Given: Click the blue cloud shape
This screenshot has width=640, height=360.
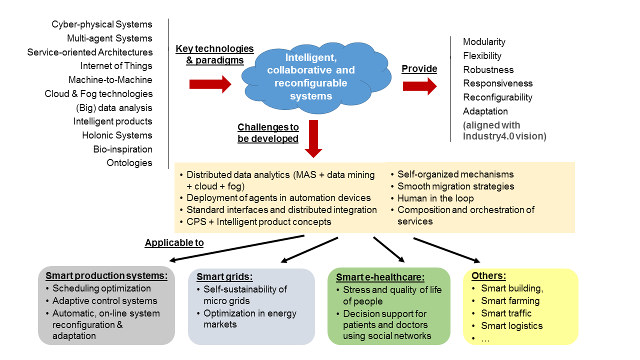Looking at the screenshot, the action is [316, 77].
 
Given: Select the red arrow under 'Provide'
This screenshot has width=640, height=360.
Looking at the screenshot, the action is [419, 86].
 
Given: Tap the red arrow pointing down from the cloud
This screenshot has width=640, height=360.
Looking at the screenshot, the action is [313, 139].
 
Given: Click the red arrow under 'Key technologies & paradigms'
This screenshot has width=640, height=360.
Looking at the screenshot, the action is [210, 84].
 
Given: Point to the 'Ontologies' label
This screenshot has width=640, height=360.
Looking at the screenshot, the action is [129, 163].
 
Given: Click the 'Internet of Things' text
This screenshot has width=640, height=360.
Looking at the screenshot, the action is [116, 66].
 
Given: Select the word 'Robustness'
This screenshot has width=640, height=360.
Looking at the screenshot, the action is [488, 69].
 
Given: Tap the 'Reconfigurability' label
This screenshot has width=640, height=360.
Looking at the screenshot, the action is [497, 97].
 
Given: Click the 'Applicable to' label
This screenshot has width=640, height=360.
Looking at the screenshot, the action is [174, 242].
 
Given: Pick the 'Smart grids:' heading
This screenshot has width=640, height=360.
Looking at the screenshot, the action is [224, 276].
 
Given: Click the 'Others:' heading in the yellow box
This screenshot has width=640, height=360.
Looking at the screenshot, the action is [488, 275].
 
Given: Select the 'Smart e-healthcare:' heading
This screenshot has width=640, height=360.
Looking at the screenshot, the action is [380, 277].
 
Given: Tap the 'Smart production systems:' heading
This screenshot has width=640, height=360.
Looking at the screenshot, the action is [106, 275].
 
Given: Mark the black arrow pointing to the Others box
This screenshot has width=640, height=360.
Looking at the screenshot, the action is [447, 250].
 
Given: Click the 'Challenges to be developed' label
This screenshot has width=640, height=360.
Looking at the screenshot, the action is [268, 133].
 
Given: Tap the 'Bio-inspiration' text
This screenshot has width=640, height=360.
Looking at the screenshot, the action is [122, 149].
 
